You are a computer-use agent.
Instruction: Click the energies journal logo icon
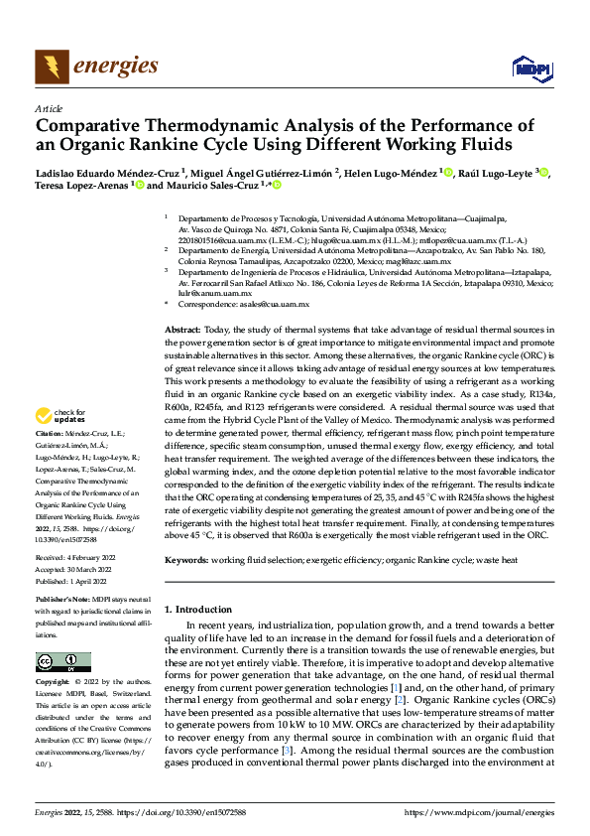coord(50,68)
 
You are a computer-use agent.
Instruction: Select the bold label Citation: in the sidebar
coord(51,433)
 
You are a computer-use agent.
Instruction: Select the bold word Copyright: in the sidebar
coord(54,682)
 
